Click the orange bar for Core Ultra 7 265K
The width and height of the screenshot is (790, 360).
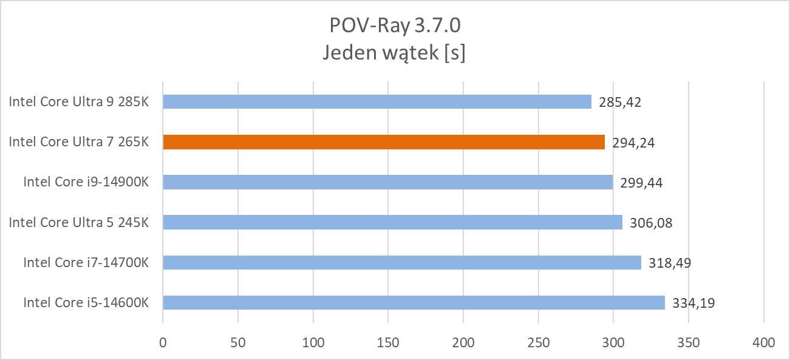pyautogui.click(x=384, y=142)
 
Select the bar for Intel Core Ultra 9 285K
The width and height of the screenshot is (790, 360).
pyautogui.click(x=377, y=102)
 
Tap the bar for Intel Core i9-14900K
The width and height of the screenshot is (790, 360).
pyautogui.click(x=387, y=182)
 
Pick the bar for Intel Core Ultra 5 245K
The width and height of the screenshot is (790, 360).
pyautogui.click(x=392, y=222)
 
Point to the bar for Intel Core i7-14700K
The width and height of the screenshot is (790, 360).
pyautogui.click(x=402, y=262)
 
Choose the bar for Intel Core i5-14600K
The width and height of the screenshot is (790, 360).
pyautogui.click(x=414, y=302)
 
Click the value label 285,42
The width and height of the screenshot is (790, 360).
pyautogui.click(x=620, y=102)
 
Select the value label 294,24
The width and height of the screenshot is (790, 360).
pyautogui.click(x=633, y=143)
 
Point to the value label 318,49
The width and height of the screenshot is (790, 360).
pyautogui.click(x=670, y=263)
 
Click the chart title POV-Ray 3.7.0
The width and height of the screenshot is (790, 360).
pyautogui.click(x=395, y=25)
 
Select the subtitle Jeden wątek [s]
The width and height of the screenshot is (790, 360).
pyautogui.click(x=395, y=53)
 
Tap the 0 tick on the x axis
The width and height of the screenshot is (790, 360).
pyautogui.click(x=163, y=342)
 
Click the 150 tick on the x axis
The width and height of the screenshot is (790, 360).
pyautogui.click(x=388, y=342)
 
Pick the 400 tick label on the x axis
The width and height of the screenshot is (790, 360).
pyautogui.click(x=763, y=342)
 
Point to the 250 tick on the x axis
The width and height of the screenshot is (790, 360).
pyautogui.click(x=538, y=342)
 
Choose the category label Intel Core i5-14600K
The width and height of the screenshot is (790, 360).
pyautogui.click(x=86, y=302)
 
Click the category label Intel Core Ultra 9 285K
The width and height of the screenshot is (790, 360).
pyautogui.click(x=78, y=102)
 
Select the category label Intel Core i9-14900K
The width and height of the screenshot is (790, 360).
pyautogui.click(x=86, y=182)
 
